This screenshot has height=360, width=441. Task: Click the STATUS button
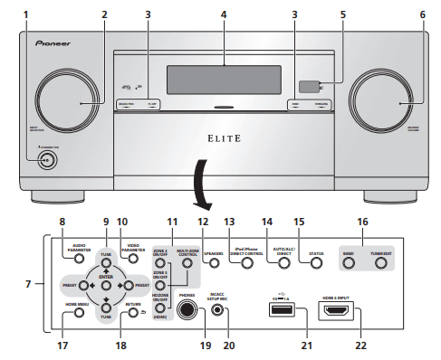point(316,264)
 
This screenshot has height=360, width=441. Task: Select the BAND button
point(350,264)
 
